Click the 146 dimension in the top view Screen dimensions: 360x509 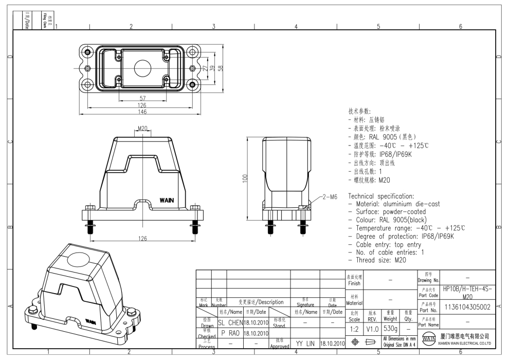[x=141, y=112]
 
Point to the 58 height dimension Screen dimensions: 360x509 [x=220, y=68]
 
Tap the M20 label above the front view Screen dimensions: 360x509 [x=143, y=129]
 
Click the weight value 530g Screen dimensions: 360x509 [x=391, y=328]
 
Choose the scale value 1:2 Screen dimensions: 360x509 [x=354, y=328]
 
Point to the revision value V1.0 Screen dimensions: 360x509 [x=373, y=328]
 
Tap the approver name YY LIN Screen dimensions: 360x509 [x=305, y=343]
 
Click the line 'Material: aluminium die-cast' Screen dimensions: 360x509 [x=394, y=204]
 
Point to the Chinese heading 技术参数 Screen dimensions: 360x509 [x=359, y=111]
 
